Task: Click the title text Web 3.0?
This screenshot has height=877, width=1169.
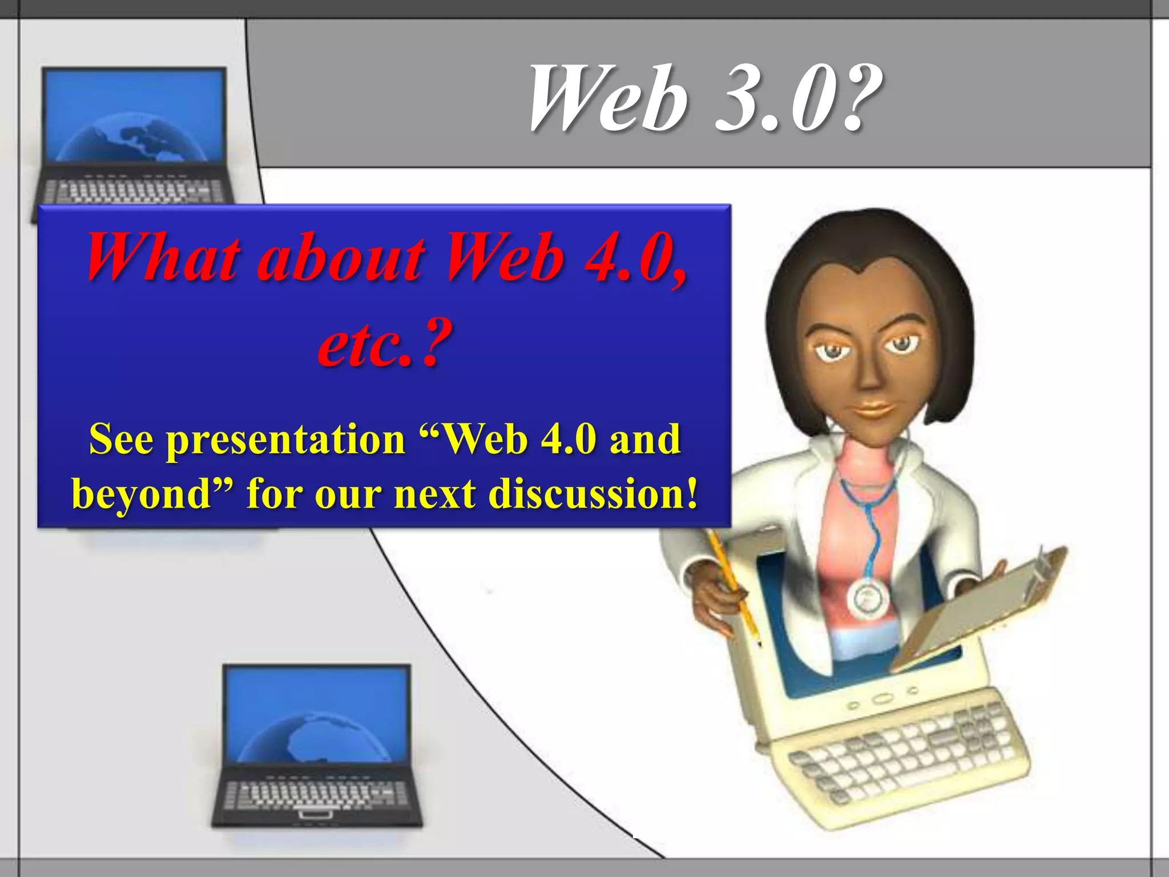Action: [x=705, y=98]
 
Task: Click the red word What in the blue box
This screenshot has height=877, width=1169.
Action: [x=163, y=258]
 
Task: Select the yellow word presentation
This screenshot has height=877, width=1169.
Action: [x=285, y=440]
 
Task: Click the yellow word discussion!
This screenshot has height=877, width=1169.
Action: [x=594, y=493]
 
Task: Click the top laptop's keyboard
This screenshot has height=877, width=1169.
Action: [x=134, y=191]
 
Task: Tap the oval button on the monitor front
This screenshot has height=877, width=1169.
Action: [x=882, y=699]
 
